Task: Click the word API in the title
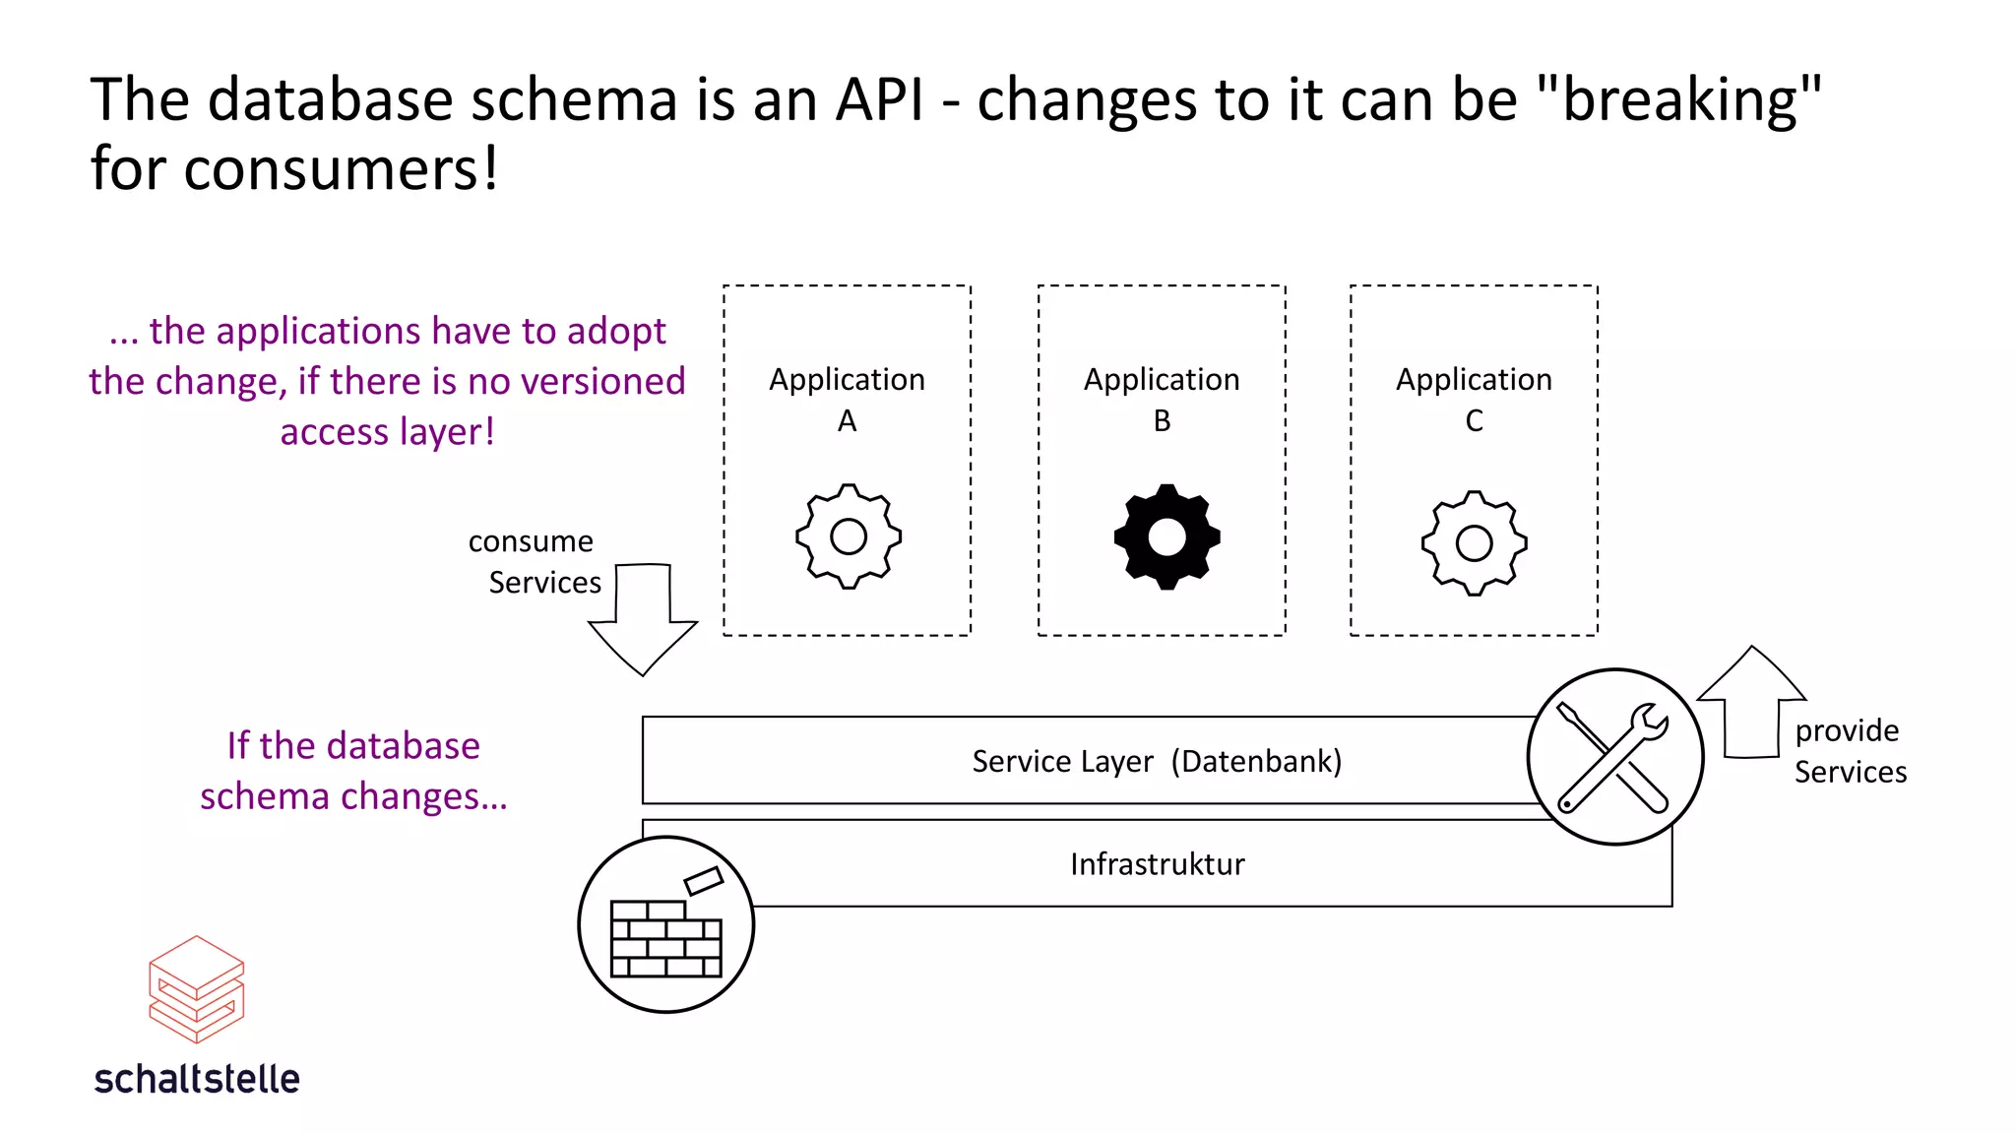point(879,100)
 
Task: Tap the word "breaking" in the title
point(1678,100)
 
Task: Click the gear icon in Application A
point(848,536)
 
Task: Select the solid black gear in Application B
point(1166,536)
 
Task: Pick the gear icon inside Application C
point(1474,542)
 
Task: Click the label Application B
point(1162,399)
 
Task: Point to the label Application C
point(1474,399)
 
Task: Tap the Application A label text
point(847,399)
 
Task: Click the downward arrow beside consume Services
point(643,620)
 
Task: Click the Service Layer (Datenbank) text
point(1157,761)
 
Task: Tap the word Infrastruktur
point(1157,864)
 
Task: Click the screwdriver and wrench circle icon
point(1614,756)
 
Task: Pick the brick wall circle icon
point(666,924)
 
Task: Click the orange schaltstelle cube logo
point(196,988)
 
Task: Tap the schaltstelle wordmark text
point(197,1079)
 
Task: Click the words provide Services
point(1849,751)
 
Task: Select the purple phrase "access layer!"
point(387,431)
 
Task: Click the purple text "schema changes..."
point(353,795)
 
